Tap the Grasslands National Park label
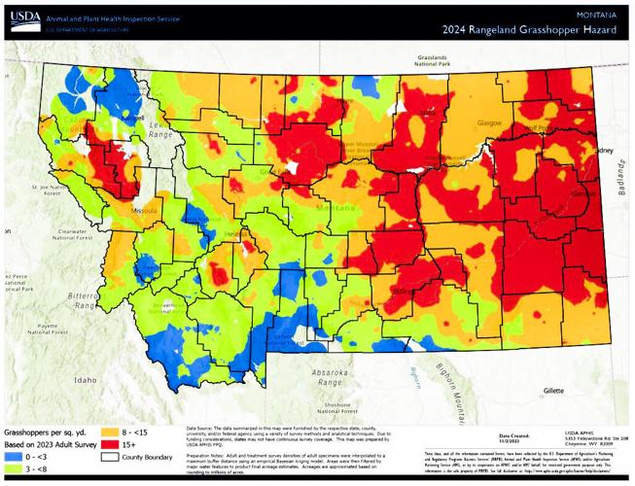tap(438, 62)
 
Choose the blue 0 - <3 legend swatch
tap(12, 456)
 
